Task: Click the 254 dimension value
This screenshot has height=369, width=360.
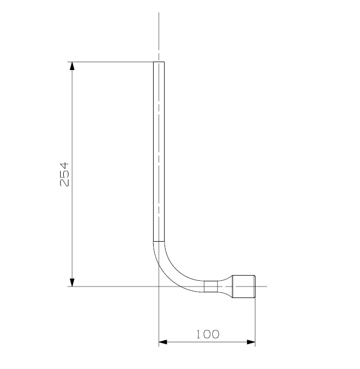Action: pos(64,174)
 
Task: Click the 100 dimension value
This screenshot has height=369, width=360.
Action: pos(208,334)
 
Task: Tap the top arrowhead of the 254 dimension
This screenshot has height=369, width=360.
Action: pos(72,66)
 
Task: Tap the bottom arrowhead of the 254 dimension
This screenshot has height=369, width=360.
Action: pos(72,282)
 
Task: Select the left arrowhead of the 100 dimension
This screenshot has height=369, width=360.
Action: pos(163,342)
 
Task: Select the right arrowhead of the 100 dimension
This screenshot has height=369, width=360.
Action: pos(251,342)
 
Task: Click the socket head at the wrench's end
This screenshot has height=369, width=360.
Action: pos(244,287)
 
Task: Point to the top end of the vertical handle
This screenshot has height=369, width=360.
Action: pos(159,62)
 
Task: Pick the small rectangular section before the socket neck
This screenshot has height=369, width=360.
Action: pos(211,287)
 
